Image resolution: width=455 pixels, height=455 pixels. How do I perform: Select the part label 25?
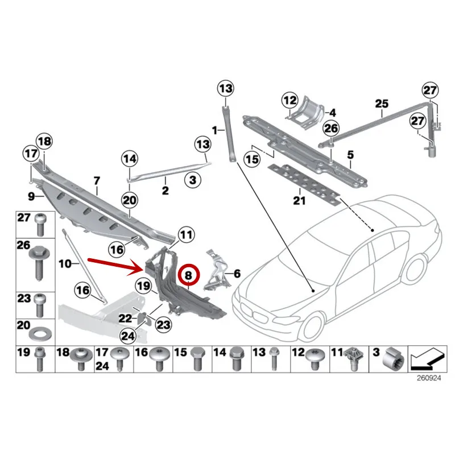tap(381, 104)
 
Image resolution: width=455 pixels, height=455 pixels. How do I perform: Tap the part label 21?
tap(299, 200)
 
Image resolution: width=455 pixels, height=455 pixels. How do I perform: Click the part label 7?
tap(97, 181)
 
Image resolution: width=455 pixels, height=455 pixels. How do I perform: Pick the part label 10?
tap(64, 263)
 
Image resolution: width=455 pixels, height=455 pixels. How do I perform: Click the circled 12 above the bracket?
tap(290, 101)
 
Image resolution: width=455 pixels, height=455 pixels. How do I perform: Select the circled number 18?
tap(44, 141)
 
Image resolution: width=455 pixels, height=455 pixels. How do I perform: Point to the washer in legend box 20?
tap(40, 332)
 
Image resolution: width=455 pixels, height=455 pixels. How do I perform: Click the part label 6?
tap(237, 274)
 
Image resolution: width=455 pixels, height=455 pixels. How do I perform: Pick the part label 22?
tap(123, 318)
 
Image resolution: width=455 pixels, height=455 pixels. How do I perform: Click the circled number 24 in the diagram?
tap(128, 336)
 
